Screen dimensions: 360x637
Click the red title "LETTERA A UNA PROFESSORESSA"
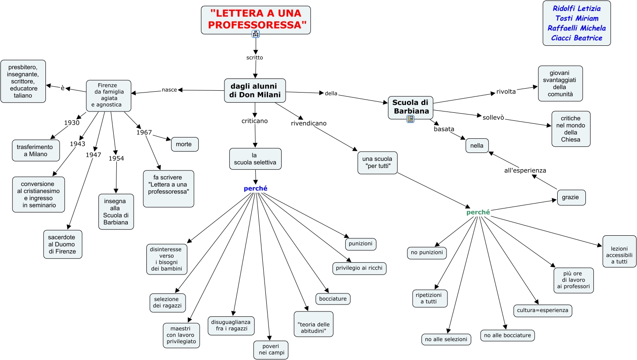256,19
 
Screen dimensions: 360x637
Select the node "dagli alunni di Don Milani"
255,90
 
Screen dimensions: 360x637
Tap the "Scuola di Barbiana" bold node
410,107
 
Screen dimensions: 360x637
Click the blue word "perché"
256,189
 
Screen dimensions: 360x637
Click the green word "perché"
478,212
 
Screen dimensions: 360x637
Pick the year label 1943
78,144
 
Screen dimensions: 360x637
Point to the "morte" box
185,144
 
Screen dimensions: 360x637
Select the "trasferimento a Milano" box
36,150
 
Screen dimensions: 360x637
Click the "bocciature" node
333,299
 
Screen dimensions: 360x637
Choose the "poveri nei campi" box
271,349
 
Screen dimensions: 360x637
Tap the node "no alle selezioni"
446,339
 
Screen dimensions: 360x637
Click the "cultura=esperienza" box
543,310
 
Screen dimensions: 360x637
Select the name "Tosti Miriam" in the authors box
577,18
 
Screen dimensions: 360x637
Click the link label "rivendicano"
309,123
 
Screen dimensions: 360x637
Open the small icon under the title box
256,34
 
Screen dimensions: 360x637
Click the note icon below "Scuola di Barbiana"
410,119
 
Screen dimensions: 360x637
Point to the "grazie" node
571,197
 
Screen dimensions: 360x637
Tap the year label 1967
144,132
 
